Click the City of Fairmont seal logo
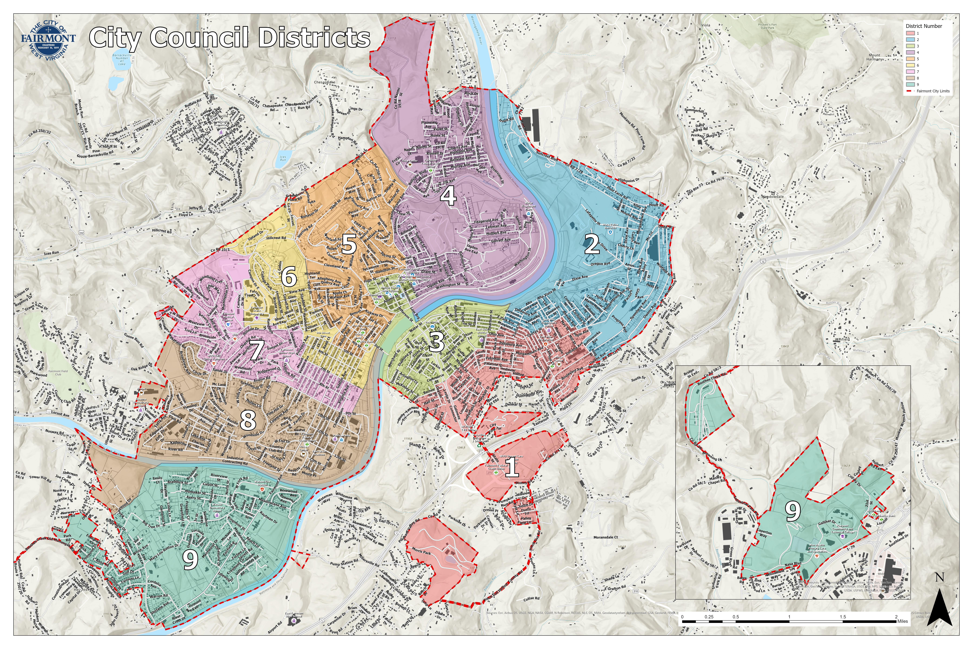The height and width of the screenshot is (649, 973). click(48, 40)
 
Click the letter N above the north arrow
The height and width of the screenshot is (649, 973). click(939, 577)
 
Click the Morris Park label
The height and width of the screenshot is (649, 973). click(421, 552)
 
